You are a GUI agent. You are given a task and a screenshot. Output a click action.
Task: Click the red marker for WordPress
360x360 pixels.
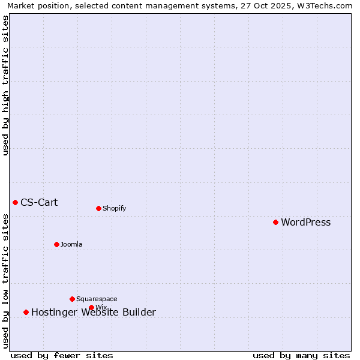point(275,222)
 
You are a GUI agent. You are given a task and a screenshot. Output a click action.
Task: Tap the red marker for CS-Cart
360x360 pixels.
point(15,202)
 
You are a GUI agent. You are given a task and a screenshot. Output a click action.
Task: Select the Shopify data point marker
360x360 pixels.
point(98,208)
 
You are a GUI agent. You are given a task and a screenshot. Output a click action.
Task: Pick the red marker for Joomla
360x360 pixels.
point(56,244)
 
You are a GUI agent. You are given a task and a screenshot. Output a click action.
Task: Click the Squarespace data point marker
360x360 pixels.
point(72,299)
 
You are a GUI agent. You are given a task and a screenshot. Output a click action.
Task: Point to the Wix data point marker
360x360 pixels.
point(91,307)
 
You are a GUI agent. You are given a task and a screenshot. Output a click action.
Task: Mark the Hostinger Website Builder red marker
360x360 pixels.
point(26,312)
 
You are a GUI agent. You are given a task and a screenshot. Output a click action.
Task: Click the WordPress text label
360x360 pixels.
point(305,223)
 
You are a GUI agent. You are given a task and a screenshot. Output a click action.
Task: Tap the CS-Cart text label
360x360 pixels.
point(39,203)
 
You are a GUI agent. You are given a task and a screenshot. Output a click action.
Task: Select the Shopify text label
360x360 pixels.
point(114,209)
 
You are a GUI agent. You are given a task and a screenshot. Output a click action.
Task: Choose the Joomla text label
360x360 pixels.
point(71,245)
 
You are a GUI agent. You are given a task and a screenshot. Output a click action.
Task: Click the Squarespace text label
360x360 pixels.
point(97,299)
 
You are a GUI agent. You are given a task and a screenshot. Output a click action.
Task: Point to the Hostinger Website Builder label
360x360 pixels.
point(93,313)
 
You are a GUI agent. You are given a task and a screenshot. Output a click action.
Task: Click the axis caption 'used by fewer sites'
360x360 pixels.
point(62,356)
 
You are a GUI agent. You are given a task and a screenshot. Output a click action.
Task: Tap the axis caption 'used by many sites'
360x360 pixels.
point(301,356)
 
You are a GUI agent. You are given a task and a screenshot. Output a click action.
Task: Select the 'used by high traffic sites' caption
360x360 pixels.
point(6,85)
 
